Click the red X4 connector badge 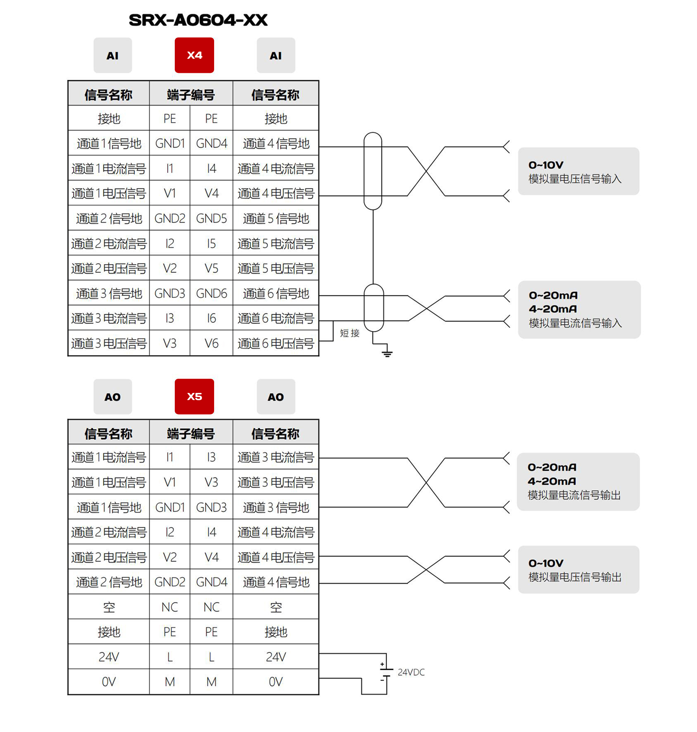click(x=194, y=55)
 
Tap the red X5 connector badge click(x=194, y=396)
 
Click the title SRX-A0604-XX click(x=198, y=20)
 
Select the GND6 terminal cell click(x=211, y=294)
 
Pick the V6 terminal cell click(x=211, y=343)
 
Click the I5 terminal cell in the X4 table click(x=211, y=244)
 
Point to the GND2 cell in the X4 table click(x=170, y=218)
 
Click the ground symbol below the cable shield click(x=387, y=353)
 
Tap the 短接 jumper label click(x=350, y=333)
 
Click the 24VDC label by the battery click(x=411, y=672)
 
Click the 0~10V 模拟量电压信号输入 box click(x=578, y=171)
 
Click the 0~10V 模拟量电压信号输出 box click(x=578, y=570)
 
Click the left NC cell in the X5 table click(x=170, y=607)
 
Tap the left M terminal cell click(x=170, y=682)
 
